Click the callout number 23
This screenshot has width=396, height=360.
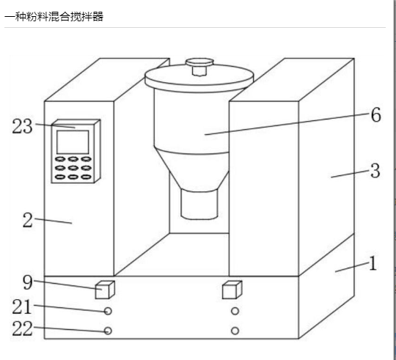(22, 126)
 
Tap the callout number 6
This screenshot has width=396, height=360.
(375, 115)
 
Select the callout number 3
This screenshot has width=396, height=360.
(375, 171)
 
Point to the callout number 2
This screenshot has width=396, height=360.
(28, 220)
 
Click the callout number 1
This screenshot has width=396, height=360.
(373, 263)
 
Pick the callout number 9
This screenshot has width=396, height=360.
(28, 282)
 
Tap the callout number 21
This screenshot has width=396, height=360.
(22, 306)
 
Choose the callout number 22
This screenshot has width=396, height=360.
(22, 328)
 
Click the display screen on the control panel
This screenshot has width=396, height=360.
(73, 142)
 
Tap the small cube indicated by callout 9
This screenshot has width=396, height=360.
(105, 290)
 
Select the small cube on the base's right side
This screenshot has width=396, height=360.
(232, 290)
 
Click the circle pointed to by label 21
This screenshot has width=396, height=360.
(108, 311)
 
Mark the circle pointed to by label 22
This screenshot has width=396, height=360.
(108, 331)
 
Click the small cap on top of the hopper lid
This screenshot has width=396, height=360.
(199, 66)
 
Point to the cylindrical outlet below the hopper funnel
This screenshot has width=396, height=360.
(199, 204)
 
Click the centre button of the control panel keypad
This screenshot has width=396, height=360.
(73, 168)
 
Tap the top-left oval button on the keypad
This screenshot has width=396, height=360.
(60, 159)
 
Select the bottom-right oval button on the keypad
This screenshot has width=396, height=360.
(86, 177)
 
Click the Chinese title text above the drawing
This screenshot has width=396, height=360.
(54, 17)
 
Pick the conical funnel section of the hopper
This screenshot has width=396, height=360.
(192, 169)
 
